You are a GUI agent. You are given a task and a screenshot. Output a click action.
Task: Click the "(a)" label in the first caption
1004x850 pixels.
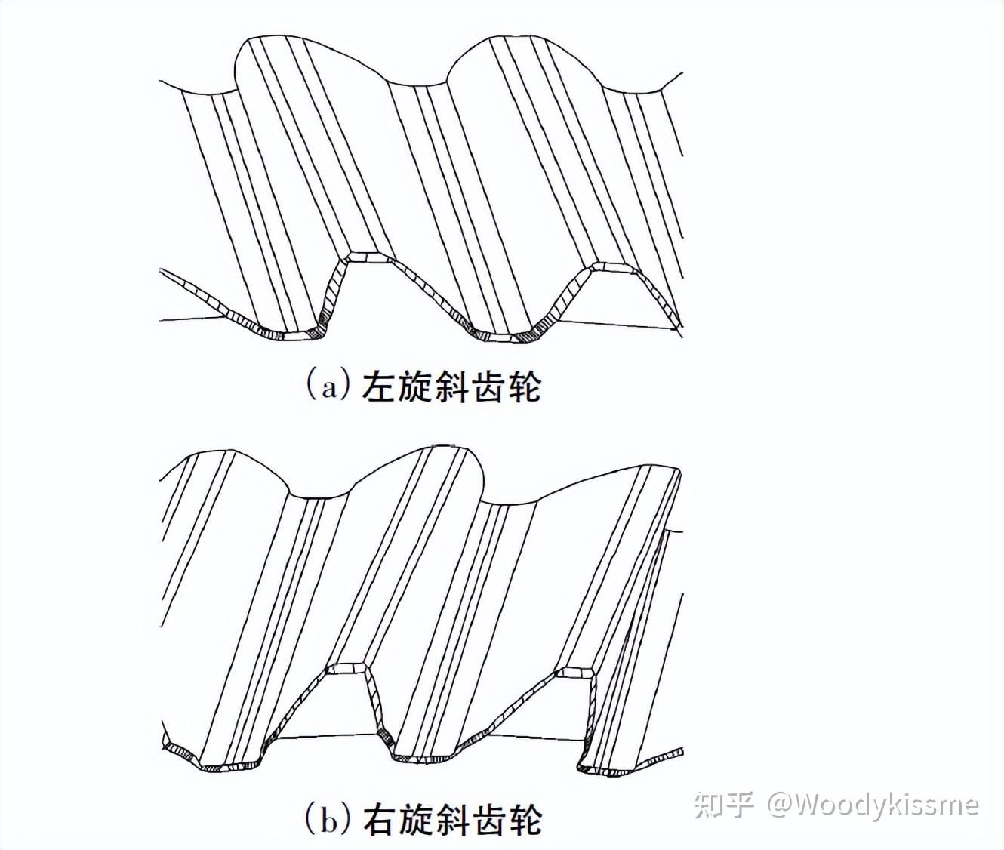(329, 385)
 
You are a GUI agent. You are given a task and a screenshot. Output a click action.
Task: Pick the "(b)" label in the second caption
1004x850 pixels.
(329, 818)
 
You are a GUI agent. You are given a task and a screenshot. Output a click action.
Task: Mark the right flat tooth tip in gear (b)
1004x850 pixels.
(576, 670)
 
